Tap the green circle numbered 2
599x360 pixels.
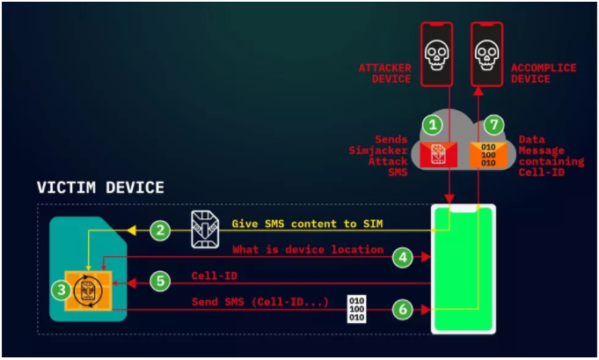point(159,231)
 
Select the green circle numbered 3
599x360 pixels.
point(61,289)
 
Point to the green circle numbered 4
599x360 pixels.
point(402,257)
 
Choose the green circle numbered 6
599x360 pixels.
point(402,310)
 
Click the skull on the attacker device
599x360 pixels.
point(437,55)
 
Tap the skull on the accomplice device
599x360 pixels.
point(487,55)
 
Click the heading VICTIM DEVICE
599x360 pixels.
point(99,187)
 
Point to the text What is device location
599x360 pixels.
point(308,250)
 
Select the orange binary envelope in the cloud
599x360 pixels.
point(487,153)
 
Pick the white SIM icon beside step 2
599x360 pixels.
point(206,230)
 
